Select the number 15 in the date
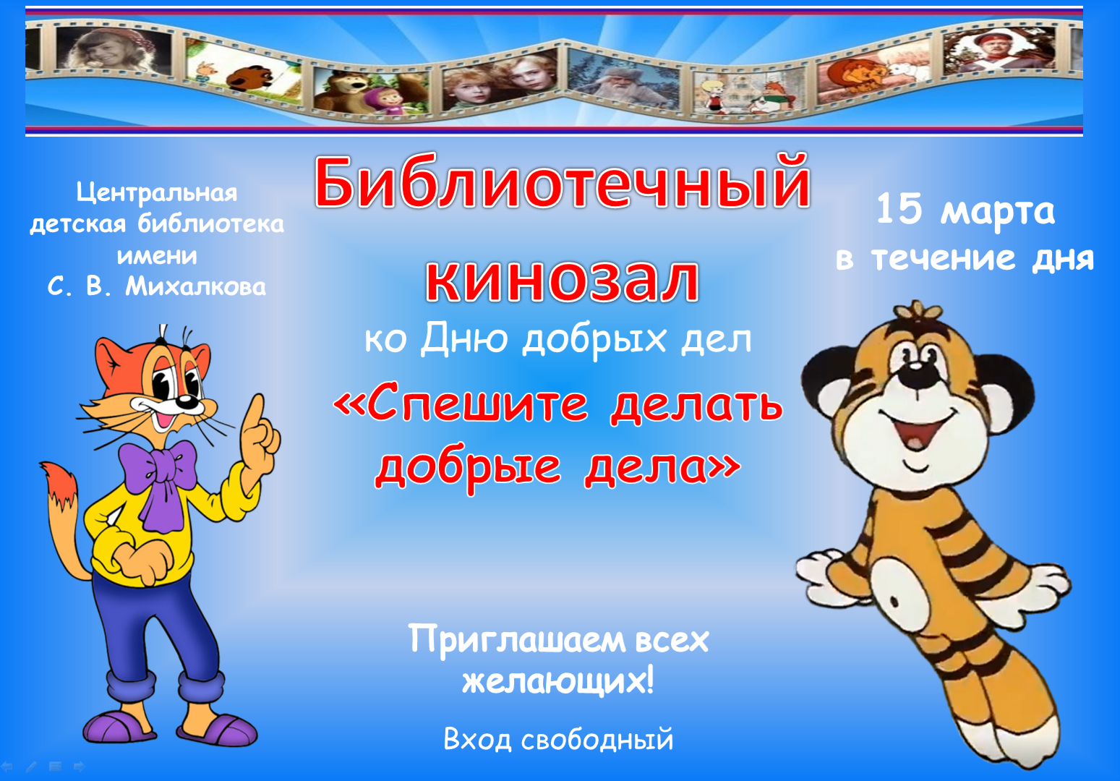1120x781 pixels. tap(899, 208)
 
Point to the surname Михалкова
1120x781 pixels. tap(195, 287)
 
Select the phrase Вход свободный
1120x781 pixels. tap(558, 740)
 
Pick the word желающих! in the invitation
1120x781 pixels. tap(558, 681)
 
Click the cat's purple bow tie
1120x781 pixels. tap(158, 475)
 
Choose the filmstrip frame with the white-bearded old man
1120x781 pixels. tap(623, 80)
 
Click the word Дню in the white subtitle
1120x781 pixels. tap(463, 339)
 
